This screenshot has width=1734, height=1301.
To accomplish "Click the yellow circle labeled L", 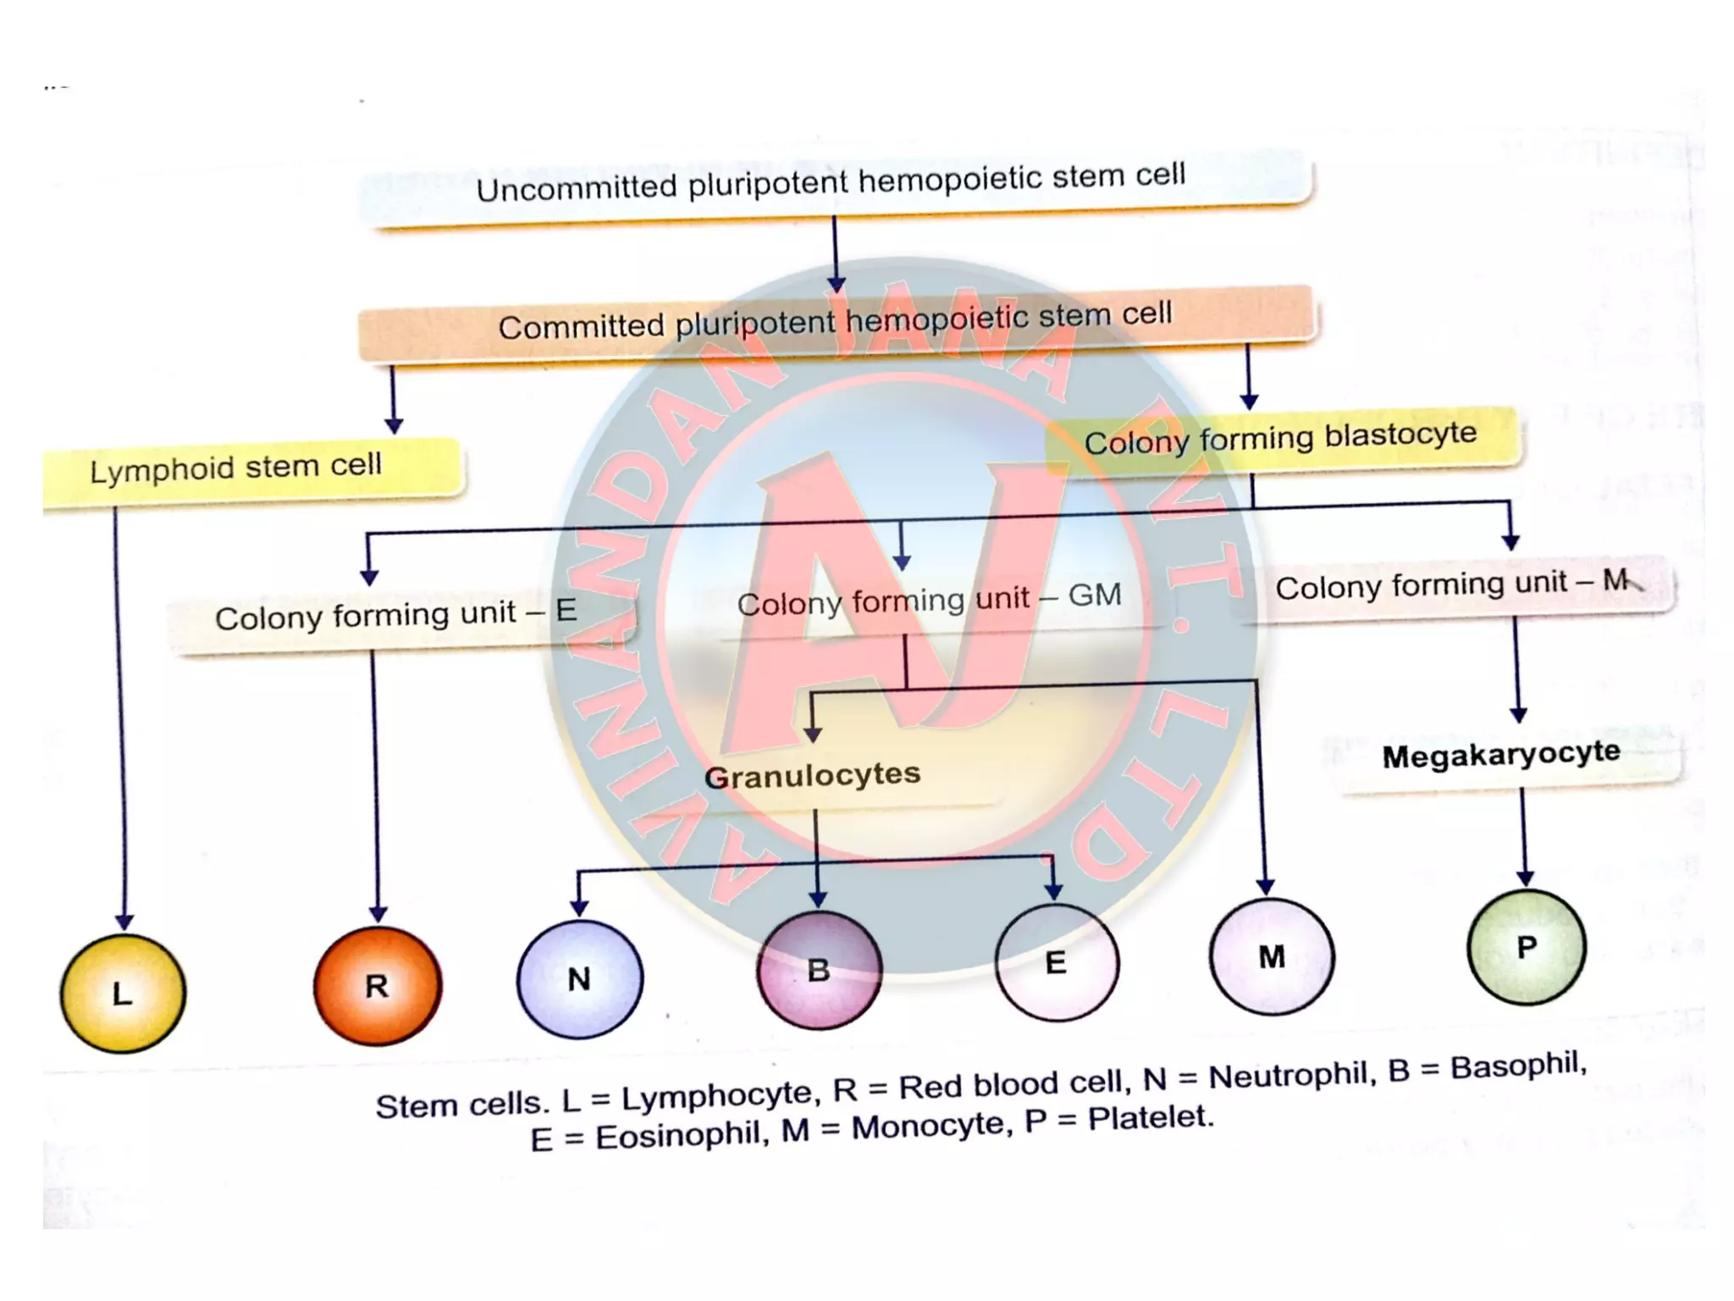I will coord(123,993).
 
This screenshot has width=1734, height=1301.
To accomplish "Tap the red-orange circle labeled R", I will coord(378,985).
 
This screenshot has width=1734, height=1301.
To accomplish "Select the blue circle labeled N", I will coord(579,978).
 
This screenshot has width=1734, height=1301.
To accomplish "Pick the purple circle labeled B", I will coord(819,970).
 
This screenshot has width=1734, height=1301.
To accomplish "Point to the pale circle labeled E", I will coord(1056,962).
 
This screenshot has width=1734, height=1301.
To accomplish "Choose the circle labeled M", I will coord(1272,956).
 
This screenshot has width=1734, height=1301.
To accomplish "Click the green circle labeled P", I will coord(1527,947).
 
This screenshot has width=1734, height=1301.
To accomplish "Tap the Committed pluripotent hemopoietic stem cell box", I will coord(836,322).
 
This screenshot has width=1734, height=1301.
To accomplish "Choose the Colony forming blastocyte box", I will coord(1281,439).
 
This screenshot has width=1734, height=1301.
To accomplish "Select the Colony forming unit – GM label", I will coord(929,600).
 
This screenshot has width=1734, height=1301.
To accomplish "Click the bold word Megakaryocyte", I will coord(1501,755).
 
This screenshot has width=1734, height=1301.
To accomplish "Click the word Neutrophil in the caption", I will coord(1288,1076).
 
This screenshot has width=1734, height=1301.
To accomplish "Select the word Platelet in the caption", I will coord(1151,1119).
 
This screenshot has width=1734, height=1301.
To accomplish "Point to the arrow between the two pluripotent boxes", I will coord(836,254).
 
